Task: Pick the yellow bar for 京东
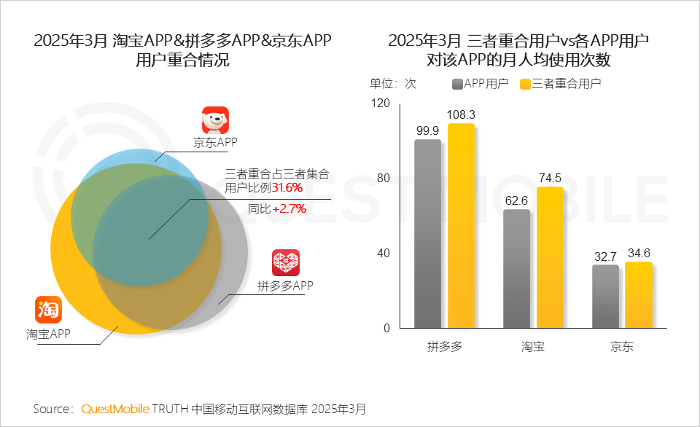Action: [639, 295]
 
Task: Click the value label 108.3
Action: [461, 114]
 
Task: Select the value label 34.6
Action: [639, 253]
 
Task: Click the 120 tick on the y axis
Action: [381, 103]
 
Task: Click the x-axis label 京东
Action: [622, 346]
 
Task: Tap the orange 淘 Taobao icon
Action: [49, 310]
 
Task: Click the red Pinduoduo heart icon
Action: [286, 262]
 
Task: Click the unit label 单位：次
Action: [393, 84]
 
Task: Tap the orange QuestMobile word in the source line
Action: [115, 408]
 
